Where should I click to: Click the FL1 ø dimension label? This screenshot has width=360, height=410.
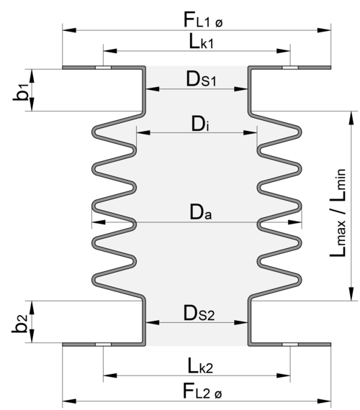(203, 20)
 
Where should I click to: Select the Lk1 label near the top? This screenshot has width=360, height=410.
(201, 42)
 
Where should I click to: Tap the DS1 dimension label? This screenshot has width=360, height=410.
(201, 79)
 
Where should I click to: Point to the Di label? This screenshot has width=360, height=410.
(200, 124)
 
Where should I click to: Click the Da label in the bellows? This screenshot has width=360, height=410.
(201, 212)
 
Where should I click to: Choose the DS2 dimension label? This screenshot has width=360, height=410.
(199, 313)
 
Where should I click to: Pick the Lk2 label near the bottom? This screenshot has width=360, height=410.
(200, 365)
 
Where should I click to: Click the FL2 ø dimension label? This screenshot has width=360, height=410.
(202, 391)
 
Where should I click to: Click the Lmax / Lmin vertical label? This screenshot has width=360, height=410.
(338, 213)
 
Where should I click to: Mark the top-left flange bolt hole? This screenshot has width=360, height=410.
(103, 68)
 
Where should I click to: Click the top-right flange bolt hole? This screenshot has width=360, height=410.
(290, 68)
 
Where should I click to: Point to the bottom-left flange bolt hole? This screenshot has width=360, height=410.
(103, 345)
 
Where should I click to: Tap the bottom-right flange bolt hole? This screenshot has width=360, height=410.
(290, 345)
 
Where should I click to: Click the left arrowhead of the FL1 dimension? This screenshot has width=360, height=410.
(69, 30)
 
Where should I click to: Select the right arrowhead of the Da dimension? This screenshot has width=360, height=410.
(294, 222)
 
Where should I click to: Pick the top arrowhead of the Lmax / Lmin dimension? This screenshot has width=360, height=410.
(351, 118)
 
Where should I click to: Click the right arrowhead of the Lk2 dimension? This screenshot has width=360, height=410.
(283, 375)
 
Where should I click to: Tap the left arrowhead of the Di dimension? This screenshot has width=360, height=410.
(143, 133)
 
